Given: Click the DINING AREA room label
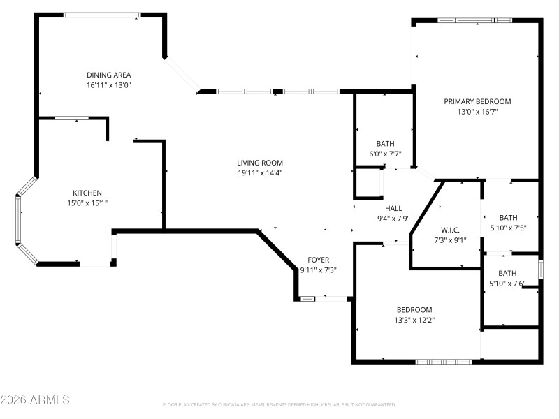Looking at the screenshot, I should (x=108, y=75).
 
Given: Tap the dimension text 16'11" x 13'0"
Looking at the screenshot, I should (x=108, y=84).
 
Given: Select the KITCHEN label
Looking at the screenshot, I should (x=87, y=193).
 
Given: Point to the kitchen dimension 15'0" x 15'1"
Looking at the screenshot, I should (x=87, y=203).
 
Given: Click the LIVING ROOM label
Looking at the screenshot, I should (x=259, y=163).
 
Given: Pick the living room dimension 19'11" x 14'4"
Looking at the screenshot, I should (x=259, y=172).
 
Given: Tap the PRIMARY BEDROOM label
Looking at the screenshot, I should (x=477, y=101).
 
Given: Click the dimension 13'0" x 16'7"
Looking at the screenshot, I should (x=477, y=111).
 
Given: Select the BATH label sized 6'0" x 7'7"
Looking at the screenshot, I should (x=385, y=144).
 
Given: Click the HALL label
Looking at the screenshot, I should (x=393, y=208).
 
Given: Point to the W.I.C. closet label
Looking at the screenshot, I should (x=449, y=230).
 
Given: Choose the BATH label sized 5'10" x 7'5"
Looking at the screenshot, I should (x=508, y=217).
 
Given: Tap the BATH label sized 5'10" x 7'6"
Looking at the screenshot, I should (x=508, y=273).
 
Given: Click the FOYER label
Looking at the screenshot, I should (x=318, y=260).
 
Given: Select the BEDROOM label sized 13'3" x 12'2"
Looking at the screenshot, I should (x=414, y=310).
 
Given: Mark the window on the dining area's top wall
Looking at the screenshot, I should (x=101, y=15).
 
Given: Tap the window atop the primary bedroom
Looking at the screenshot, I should (x=474, y=20).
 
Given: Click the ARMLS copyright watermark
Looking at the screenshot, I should (x=35, y=400).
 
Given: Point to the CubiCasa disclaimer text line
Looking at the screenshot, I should (x=279, y=404).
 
